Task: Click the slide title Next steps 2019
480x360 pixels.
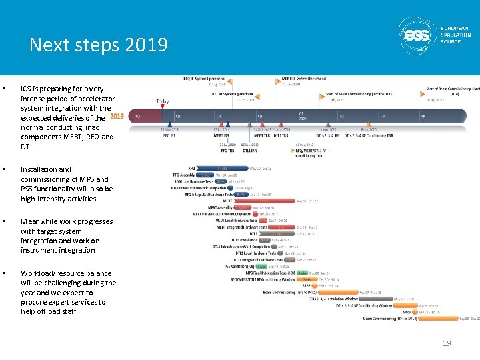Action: tap(98, 45)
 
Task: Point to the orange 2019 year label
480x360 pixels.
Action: tap(117, 116)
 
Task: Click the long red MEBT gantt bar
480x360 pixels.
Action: tap(265, 201)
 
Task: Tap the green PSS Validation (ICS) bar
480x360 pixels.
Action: tap(262, 266)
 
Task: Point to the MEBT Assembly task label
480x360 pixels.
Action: tap(220, 207)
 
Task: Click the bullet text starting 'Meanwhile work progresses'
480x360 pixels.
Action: tap(67, 235)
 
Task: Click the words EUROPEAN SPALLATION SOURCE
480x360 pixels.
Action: tap(455, 35)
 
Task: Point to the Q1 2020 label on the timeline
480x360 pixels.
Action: tap(302, 115)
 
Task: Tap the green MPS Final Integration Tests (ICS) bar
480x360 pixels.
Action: tap(302, 273)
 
